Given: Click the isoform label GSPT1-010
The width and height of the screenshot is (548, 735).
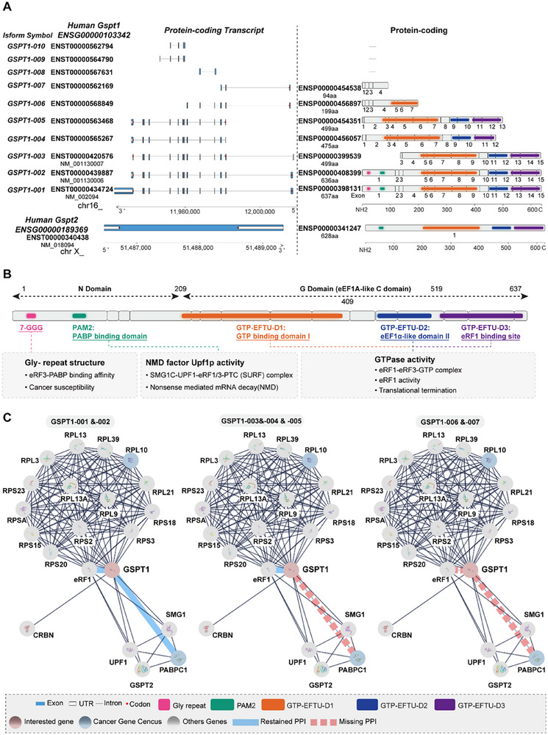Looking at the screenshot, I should pos(25,44).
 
